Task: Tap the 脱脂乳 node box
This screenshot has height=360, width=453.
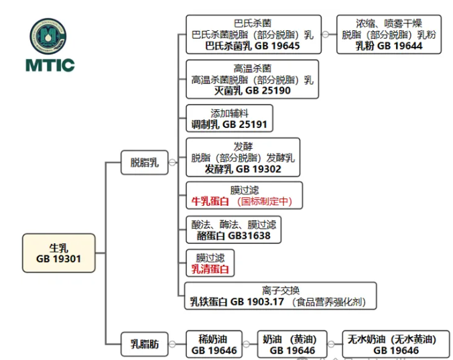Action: [x=144, y=162]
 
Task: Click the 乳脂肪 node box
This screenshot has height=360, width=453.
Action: [x=144, y=345]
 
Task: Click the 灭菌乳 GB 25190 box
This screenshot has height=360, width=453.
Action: [x=252, y=79]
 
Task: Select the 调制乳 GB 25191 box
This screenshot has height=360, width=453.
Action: [x=229, y=119]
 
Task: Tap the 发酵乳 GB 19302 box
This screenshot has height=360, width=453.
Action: [x=243, y=158]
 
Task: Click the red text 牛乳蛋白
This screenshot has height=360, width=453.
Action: [x=210, y=201]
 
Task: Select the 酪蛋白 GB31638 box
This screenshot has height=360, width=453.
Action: [x=233, y=230]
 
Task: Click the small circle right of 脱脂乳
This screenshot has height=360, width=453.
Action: [x=172, y=162]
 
